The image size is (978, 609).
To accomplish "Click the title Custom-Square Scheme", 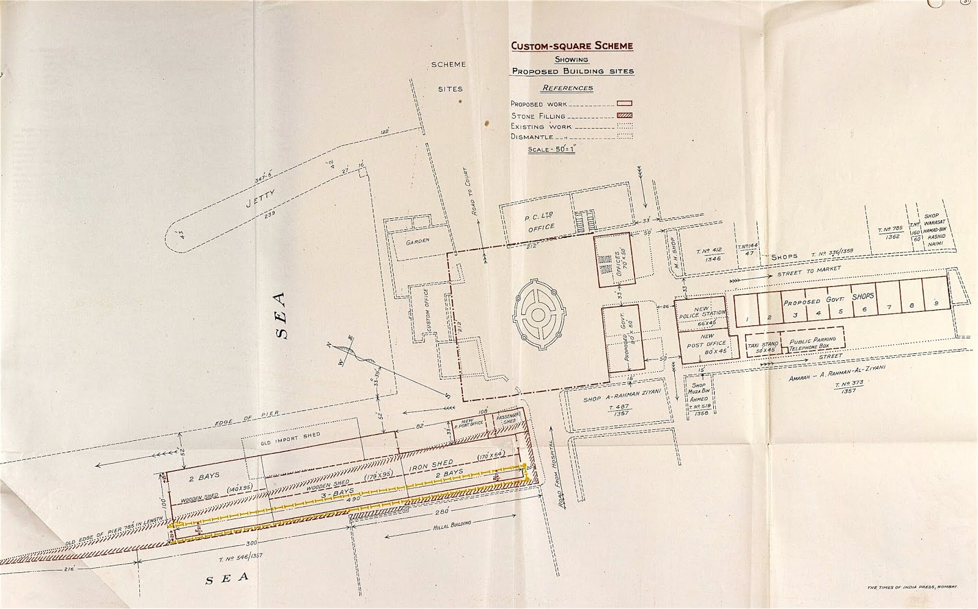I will tap(572, 46).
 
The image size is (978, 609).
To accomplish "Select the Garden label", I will tap(418, 241).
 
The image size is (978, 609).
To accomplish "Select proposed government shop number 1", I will tap(746, 317).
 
